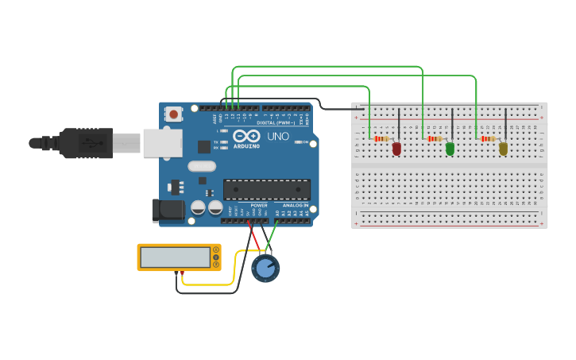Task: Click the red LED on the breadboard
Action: tap(396, 149)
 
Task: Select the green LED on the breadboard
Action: tap(450, 149)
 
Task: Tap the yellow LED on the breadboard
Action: tap(503, 149)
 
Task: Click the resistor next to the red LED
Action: tap(382, 139)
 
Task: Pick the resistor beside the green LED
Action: tap(435, 139)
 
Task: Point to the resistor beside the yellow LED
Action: tap(488, 139)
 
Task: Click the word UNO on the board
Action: tap(278, 137)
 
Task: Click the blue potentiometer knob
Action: tap(265, 268)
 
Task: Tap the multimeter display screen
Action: tap(175, 257)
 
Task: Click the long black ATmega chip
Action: tap(266, 189)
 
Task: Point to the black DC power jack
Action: tap(164, 209)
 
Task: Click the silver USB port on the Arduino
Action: tap(162, 143)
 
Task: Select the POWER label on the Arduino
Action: tap(259, 205)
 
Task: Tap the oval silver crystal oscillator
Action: tap(202, 167)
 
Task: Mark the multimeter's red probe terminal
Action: tap(183, 273)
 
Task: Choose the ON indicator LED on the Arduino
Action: tap(296, 142)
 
